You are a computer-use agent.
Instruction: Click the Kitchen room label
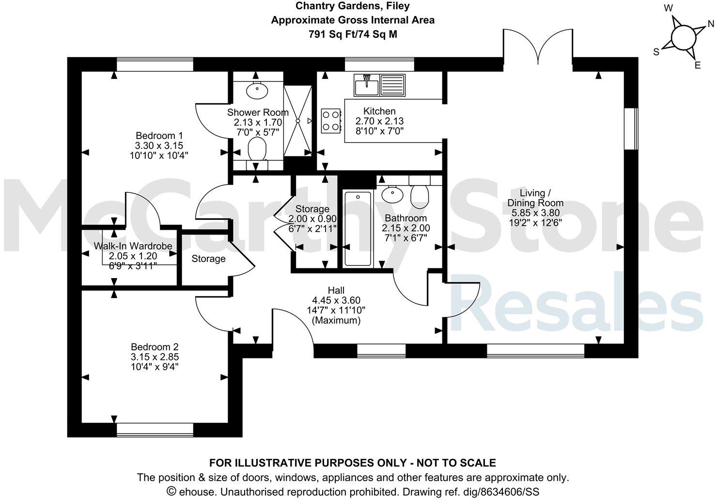(x=379, y=111)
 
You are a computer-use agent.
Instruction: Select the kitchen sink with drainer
(x=379, y=85)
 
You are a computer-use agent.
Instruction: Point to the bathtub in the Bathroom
(x=358, y=228)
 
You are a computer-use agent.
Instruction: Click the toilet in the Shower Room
(x=257, y=149)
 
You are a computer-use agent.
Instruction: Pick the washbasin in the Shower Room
(x=257, y=90)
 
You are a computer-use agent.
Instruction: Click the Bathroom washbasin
(x=392, y=195)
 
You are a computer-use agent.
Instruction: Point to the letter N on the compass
(x=711, y=24)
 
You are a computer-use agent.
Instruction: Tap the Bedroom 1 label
(x=159, y=135)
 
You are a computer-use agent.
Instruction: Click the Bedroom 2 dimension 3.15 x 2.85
(x=155, y=357)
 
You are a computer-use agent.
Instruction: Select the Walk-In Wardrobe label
(x=133, y=246)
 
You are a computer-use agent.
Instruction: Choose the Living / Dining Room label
(x=535, y=198)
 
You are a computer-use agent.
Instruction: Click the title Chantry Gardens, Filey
(x=353, y=6)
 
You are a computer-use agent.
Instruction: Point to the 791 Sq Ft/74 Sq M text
(x=353, y=34)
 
